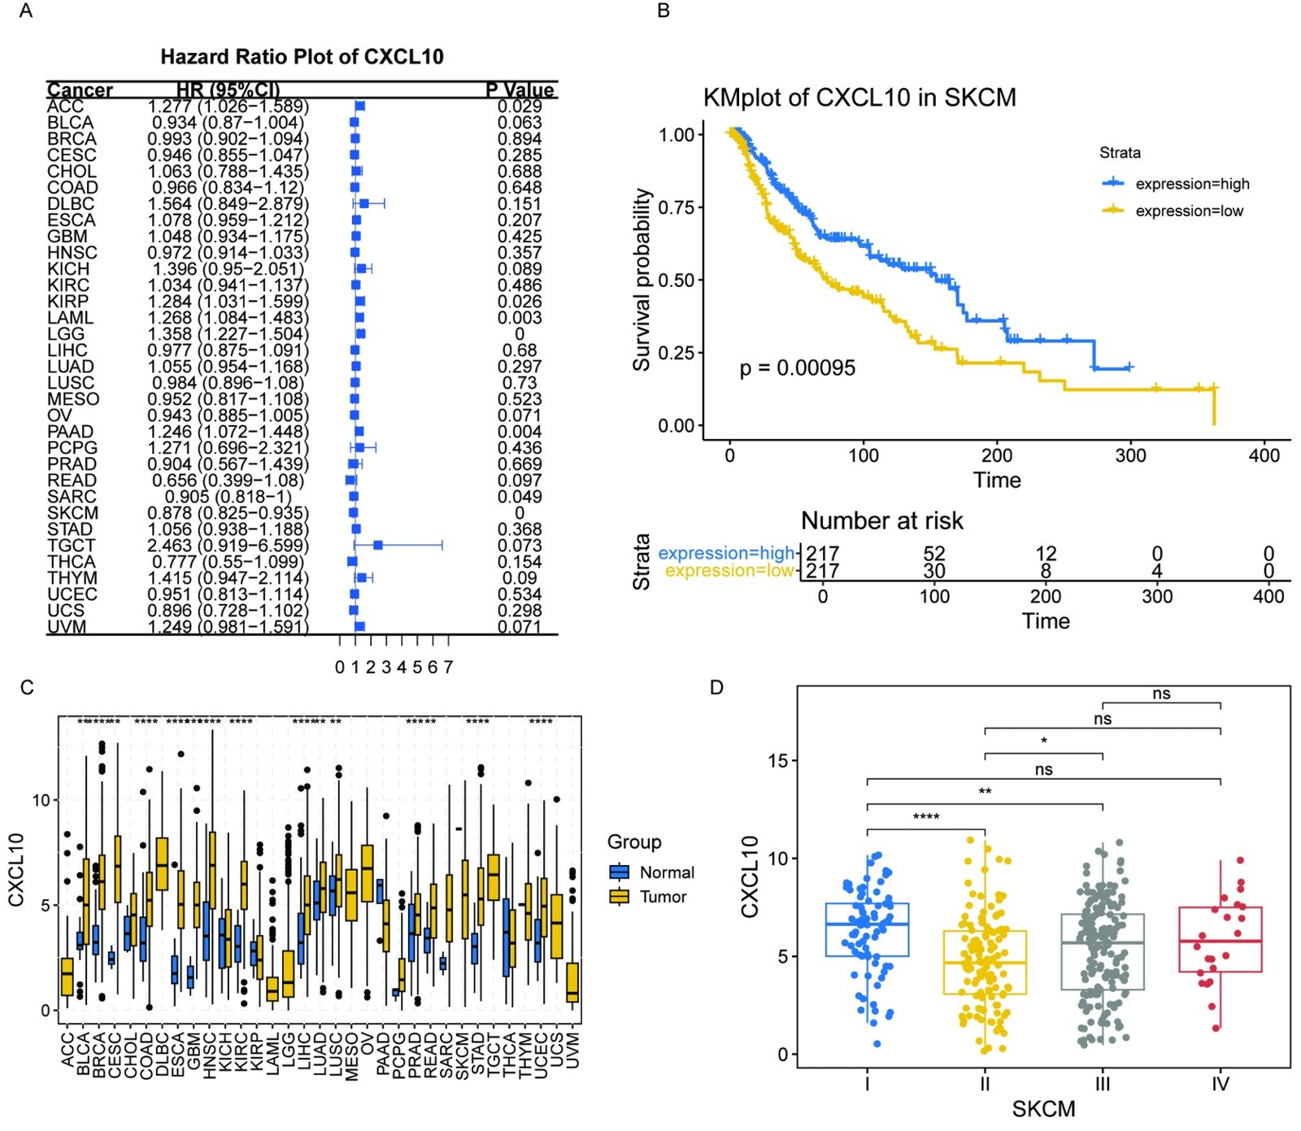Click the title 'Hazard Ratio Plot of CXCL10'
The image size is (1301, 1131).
click(x=302, y=57)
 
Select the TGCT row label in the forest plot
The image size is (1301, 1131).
click(x=71, y=546)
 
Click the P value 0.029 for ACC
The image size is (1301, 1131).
click(x=520, y=107)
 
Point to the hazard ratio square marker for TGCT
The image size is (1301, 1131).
click(x=377, y=545)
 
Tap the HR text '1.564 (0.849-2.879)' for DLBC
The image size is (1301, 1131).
click(x=228, y=204)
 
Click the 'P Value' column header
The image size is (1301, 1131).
click(x=520, y=89)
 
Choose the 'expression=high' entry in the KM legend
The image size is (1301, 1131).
click(x=1191, y=184)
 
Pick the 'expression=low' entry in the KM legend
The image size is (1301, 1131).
click(x=1189, y=211)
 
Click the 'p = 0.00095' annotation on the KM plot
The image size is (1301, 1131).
click(x=797, y=368)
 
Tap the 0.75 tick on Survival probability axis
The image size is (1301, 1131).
click(x=676, y=207)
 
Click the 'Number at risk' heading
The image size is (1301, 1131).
click(x=881, y=520)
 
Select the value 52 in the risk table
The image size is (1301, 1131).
click(x=933, y=554)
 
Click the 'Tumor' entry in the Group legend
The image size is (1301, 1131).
click(x=663, y=897)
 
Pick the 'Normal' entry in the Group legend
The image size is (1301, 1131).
click(x=667, y=872)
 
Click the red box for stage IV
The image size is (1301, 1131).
click(x=1220, y=939)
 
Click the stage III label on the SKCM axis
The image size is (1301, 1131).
click(x=1102, y=1084)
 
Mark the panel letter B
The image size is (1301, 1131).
click(x=664, y=11)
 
